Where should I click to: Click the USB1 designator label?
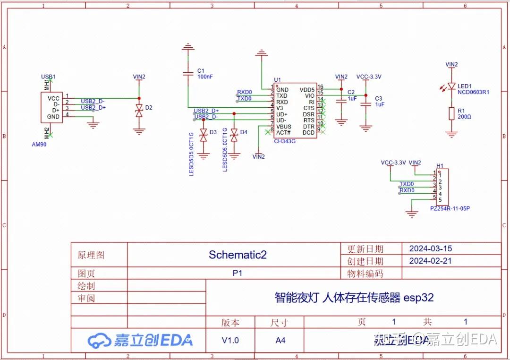click(48, 77)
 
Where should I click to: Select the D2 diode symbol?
click(139, 111)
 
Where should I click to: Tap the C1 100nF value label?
click(205, 76)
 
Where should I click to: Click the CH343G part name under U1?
click(285, 141)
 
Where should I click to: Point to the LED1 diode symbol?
click(451, 86)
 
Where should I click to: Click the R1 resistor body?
click(451, 113)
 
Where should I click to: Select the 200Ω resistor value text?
click(464, 116)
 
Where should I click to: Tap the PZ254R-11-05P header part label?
click(450, 208)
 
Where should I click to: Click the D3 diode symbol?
click(204, 136)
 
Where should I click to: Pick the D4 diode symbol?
click(234, 136)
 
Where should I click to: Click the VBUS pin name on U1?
click(284, 127)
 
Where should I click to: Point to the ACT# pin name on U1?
click(283, 133)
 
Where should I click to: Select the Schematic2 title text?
click(238, 255)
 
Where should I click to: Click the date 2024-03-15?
click(430, 249)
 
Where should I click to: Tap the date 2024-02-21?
click(430, 261)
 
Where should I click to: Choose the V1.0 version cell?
click(230, 340)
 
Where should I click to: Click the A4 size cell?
click(280, 340)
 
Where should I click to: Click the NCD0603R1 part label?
click(473, 92)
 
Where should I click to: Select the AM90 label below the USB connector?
click(39, 145)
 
